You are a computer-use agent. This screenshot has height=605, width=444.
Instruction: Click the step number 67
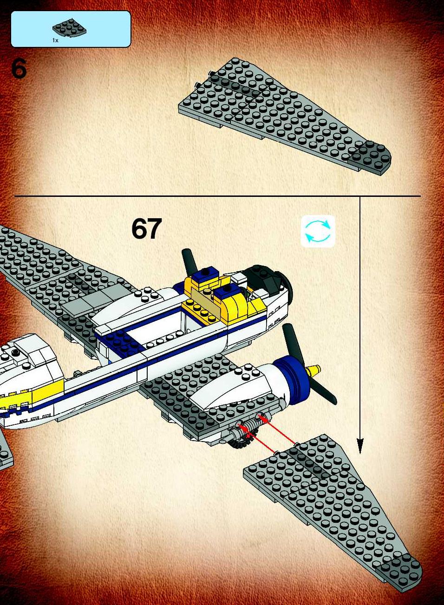[x=146, y=229]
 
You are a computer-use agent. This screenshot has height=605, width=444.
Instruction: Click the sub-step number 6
[x=19, y=69]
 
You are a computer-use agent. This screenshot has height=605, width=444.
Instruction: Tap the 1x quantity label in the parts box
[x=55, y=40]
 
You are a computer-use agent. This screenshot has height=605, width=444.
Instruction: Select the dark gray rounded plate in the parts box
[x=70, y=28]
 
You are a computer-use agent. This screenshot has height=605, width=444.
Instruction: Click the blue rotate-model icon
[x=318, y=231]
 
